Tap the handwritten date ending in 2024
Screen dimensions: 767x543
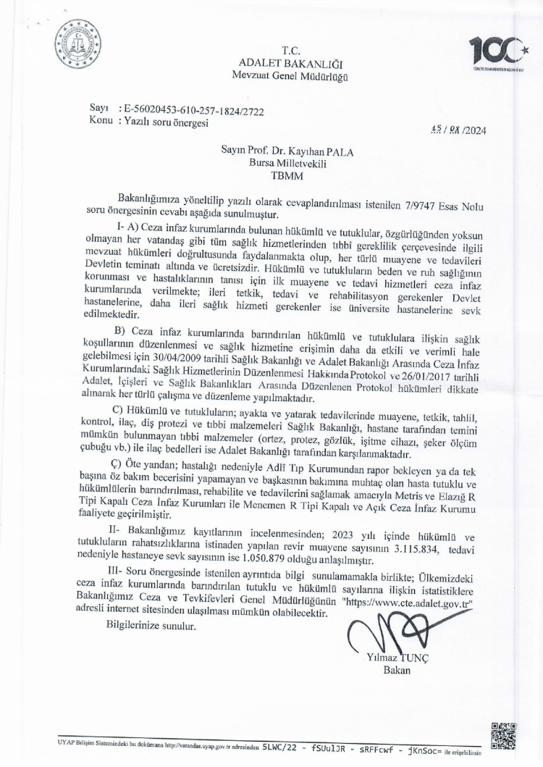coord(455,131)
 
